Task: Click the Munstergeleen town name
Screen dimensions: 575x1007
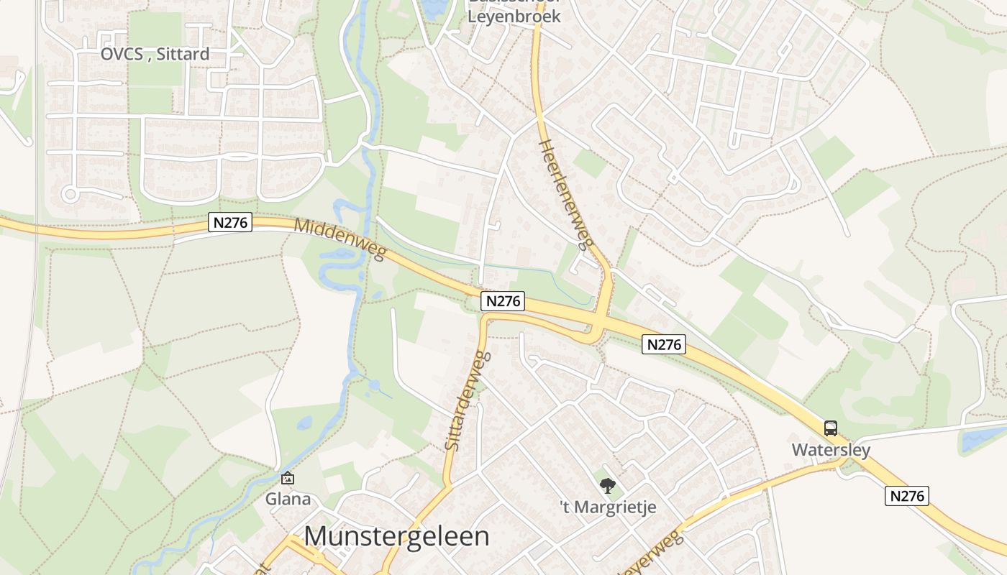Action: [396, 536]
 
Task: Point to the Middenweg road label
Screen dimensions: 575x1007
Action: [340, 239]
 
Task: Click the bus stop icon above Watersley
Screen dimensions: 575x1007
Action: [831, 428]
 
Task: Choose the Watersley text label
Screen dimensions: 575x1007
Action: [831, 451]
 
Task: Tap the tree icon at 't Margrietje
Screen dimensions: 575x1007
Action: [608, 486]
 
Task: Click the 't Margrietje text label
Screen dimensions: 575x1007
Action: [608, 507]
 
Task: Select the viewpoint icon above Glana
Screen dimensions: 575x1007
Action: [288, 477]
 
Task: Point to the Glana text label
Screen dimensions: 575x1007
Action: [288, 499]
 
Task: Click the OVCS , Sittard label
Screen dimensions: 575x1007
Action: [155, 54]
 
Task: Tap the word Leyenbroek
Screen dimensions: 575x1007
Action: [514, 16]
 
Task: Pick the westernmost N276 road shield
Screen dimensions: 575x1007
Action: [230, 223]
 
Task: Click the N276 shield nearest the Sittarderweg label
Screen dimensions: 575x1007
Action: [503, 301]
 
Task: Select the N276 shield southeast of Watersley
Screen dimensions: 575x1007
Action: [908, 496]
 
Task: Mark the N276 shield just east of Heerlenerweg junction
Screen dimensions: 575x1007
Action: [663, 345]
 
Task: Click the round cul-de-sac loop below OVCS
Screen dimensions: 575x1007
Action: [70, 194]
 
